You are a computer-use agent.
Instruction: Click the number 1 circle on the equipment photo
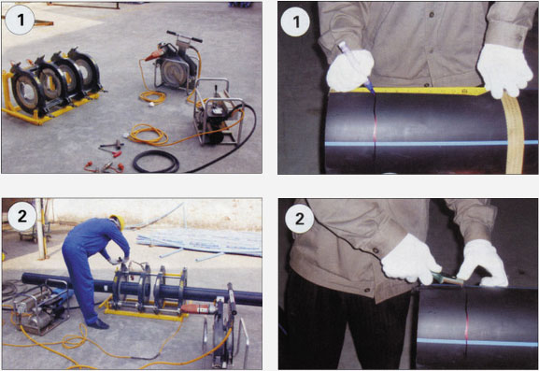tap(20, 20)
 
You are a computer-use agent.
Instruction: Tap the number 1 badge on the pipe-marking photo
tap(295, 21)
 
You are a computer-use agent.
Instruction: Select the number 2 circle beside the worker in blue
tap(22, 216)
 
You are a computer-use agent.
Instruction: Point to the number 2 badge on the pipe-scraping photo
tap(300, 219)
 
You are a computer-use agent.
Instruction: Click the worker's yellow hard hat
tap(118, 221)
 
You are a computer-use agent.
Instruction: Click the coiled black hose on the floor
tap(156, 162)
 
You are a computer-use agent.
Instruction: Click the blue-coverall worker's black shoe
tap(98, 324)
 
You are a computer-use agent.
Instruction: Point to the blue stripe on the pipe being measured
tap(432, 143)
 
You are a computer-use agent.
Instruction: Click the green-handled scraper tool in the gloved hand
tap(447, 278)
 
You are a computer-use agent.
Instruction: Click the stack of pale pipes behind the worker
tap(199, 242)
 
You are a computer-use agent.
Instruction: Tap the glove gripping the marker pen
tap(349, 70)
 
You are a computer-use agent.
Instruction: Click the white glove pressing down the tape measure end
tap(504, 70)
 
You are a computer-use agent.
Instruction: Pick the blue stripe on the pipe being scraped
tap(477, 342)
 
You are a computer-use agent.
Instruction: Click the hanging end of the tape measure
tap(514, 133)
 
